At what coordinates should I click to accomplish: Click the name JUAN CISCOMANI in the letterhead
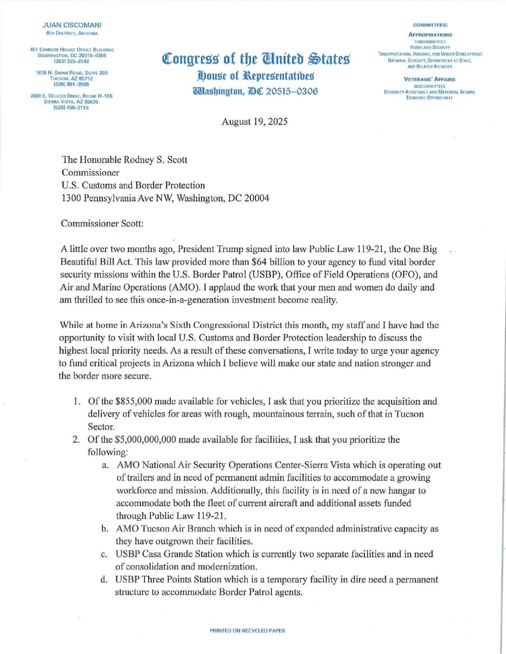(x=72, y=25)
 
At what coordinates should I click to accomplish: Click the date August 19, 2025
(x=254, y=122)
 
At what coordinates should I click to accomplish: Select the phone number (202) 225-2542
(x=72, y=62)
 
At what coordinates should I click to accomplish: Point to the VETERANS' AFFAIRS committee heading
(x=430, y=80)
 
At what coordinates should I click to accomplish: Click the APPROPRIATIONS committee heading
(x=430, y=35)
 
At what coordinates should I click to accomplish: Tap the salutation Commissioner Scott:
(x=102, y=223)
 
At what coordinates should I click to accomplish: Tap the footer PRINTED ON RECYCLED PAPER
(x=247, y=631)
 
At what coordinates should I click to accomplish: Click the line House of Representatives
(x=256, y=76)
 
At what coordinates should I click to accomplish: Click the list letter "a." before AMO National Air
(x=105, y=465)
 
